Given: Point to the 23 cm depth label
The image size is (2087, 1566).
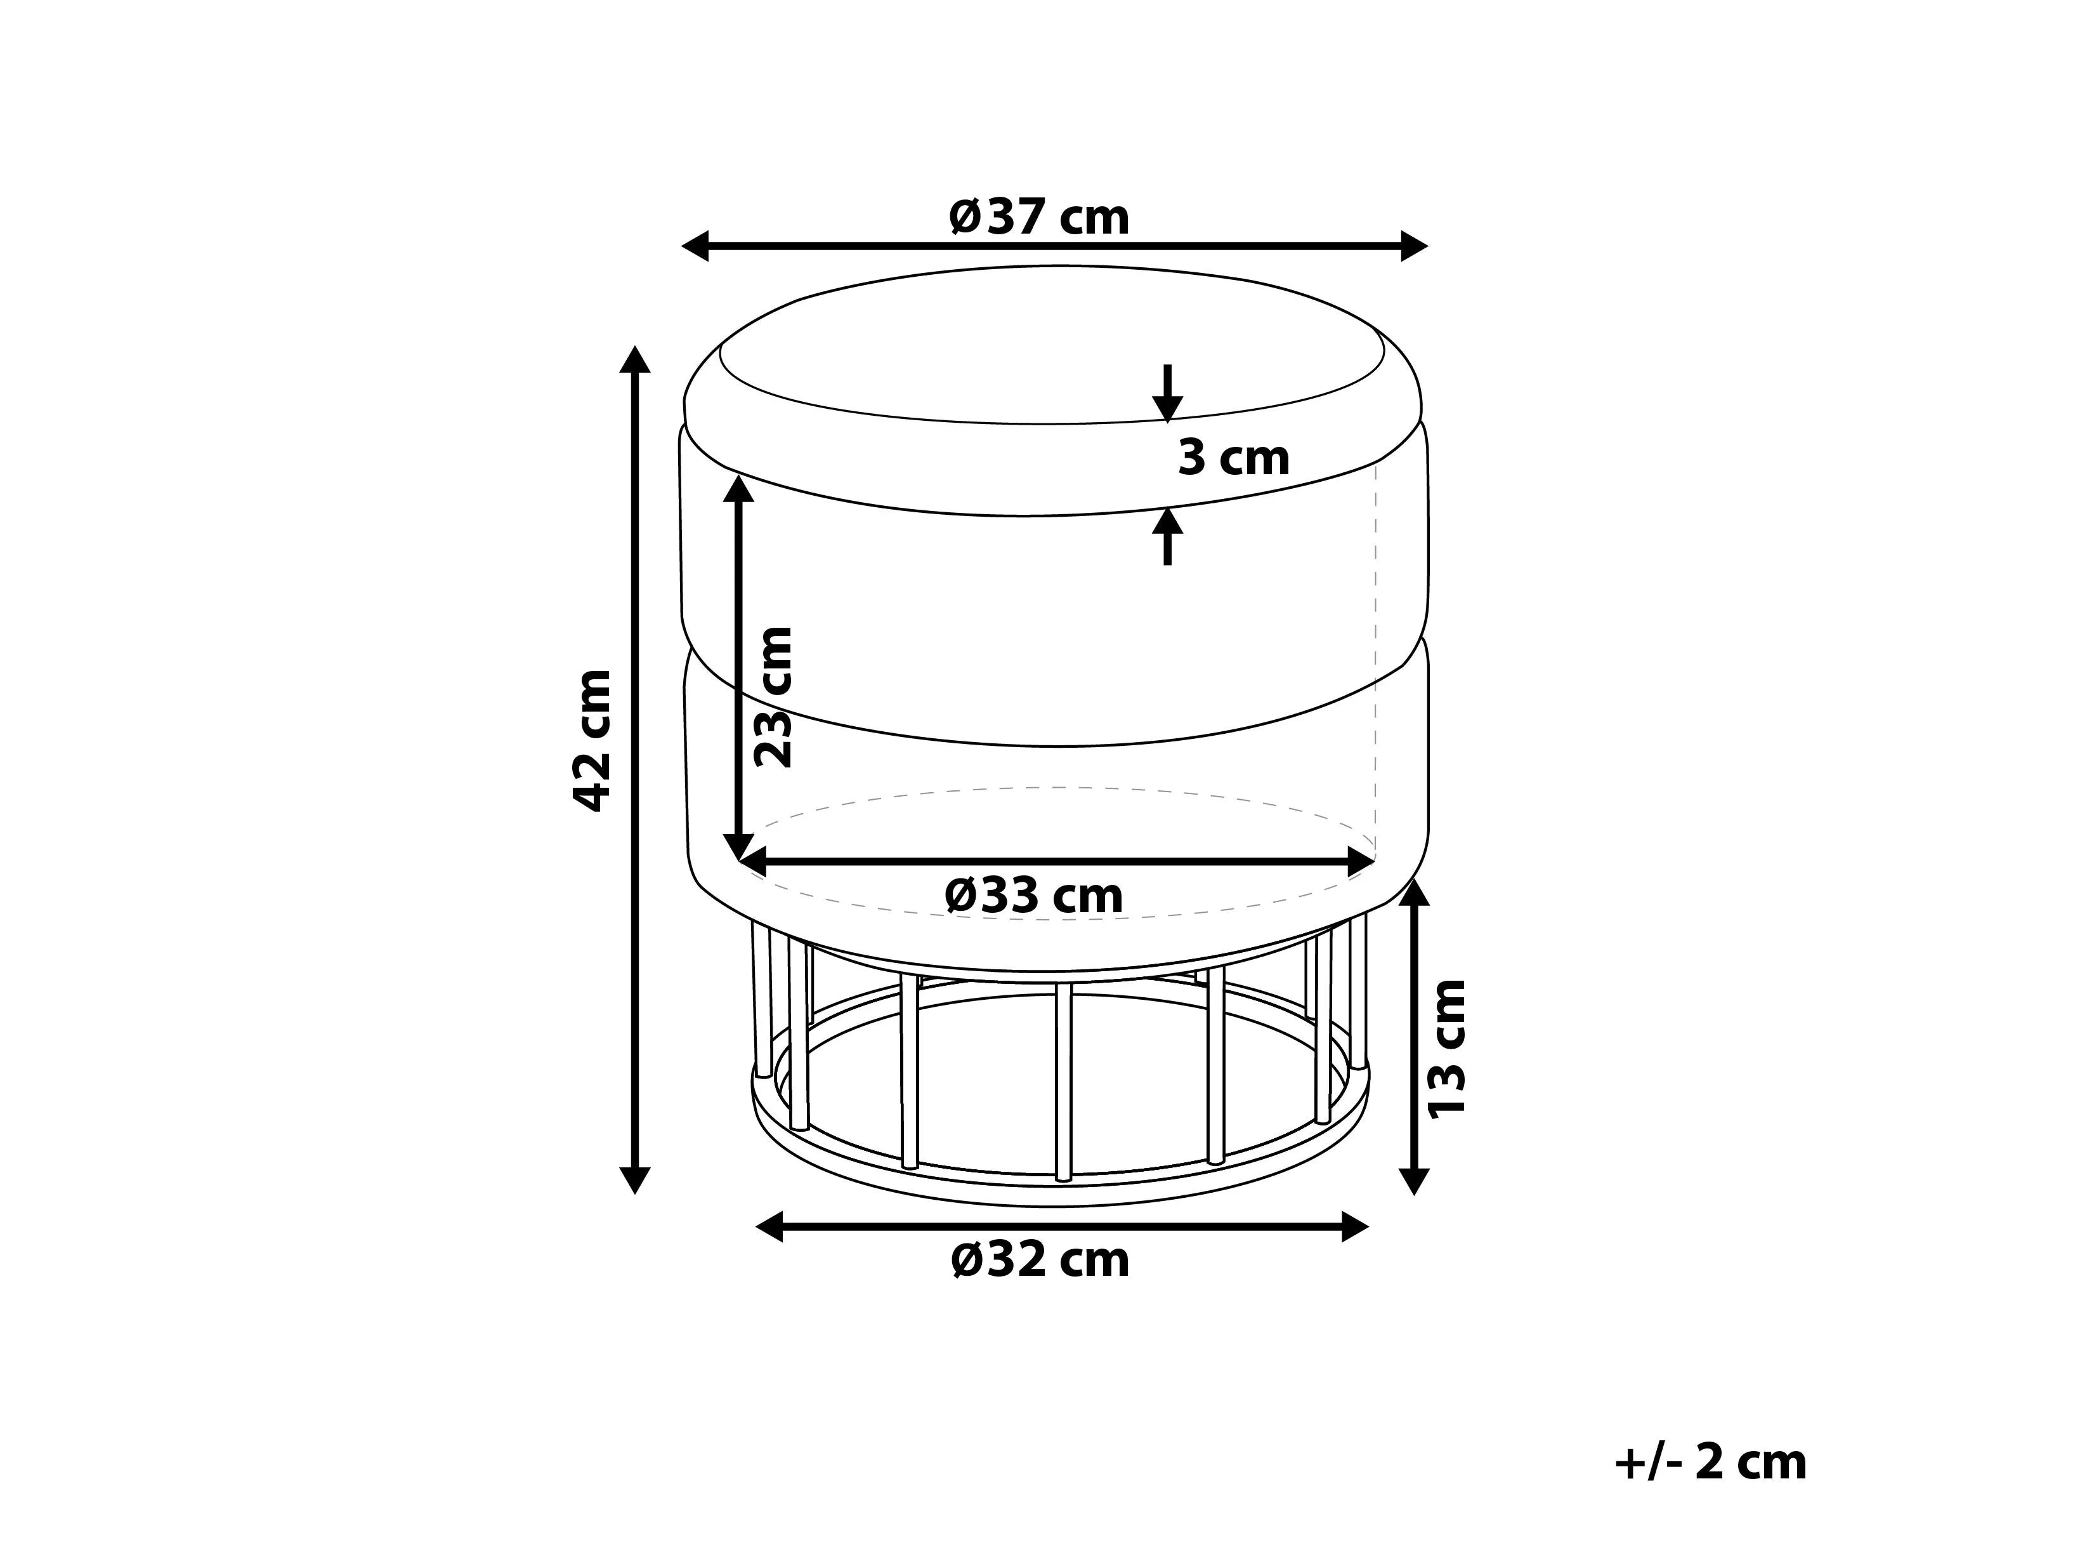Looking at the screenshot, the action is point(774,696).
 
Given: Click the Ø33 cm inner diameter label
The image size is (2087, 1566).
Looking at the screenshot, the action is point(1034,895).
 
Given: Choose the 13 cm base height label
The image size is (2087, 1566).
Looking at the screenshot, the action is point(1446,1049).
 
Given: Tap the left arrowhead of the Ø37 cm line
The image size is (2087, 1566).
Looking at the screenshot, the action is point(695,246).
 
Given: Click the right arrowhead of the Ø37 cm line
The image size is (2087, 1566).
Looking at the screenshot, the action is point(1415,246).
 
